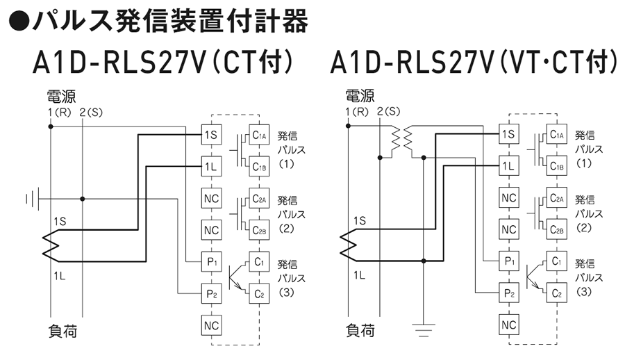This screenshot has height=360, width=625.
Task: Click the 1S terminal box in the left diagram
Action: pyautogui.click(x=210, y=134)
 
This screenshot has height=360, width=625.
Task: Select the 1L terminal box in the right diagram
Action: pyautogui.click(x=509, y=165)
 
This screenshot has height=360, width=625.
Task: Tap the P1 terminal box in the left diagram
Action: pyautogui.click(x=210, y=261)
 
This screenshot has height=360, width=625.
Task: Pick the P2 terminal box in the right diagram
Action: pyautogui.click(x=509, y=293)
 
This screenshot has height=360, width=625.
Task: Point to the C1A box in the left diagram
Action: pyautogui.click(x=259, y=134)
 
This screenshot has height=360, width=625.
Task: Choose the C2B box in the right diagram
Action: pyautogui.click(x=557, y=229)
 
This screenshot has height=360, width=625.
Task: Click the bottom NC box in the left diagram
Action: pyautogui.click(x=210, y=324)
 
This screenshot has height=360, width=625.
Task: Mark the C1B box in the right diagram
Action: pyautogui.click(x=557, y=165)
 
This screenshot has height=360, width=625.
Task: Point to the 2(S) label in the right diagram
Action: pyautogui.click(x=388, y=113)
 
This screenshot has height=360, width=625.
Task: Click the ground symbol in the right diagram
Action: pyautogui.click(x=424, y=327)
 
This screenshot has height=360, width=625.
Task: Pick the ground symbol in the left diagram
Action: pyautogui.click(x=31, y=199)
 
